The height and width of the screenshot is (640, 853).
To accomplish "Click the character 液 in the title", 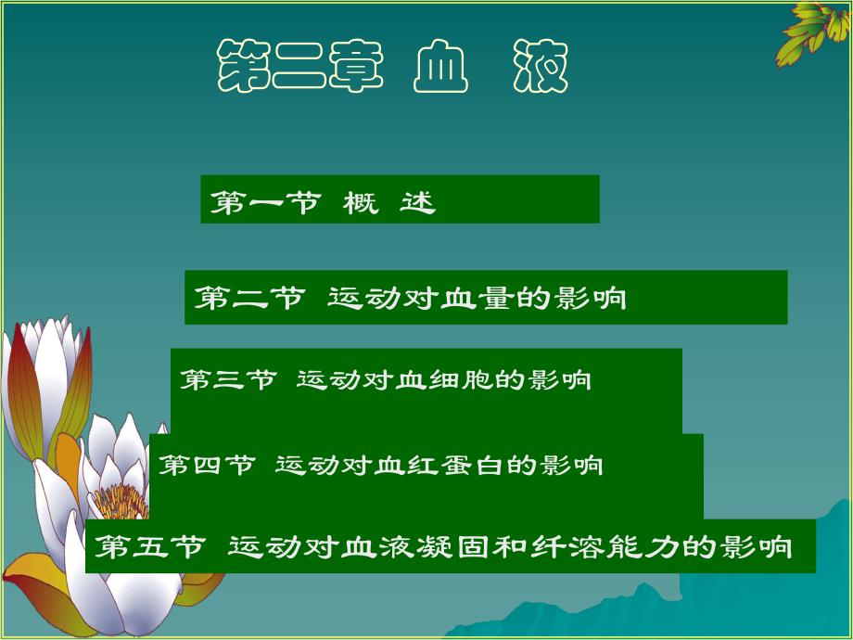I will click(541, 68).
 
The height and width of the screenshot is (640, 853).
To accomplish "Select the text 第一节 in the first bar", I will click(263, 202).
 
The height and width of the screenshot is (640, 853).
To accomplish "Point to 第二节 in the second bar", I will click(248, 298).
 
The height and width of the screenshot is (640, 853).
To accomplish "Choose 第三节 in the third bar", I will click(228, 379).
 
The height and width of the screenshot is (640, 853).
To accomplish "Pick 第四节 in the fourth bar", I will click(207, 464).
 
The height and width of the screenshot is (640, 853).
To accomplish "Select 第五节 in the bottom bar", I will click(149, 546).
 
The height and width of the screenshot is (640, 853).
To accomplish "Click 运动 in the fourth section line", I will click(299, 464).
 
